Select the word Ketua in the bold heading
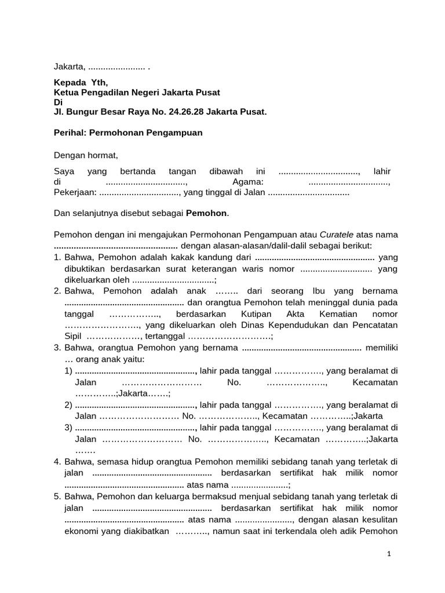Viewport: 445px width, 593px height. tap(65, 93)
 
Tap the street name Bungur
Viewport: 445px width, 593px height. tap(82, 111)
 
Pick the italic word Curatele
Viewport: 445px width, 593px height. tap(338, 235)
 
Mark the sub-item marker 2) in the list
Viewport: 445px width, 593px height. tap(69, 405)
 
